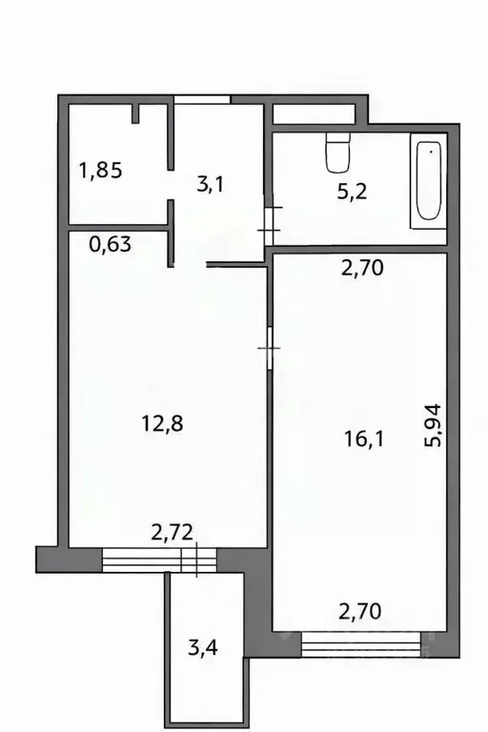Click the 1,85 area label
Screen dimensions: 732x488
coord(100,172)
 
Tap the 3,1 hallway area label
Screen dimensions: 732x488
coord(211,185)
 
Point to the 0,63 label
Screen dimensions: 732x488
coord(110,245)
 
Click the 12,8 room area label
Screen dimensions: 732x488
coord(161,423)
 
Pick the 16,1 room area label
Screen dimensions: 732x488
coord(363,438)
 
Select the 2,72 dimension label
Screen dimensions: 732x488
coord(172,535)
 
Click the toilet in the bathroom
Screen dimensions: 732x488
coord(338,150)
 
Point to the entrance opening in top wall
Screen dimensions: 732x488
coord(202,99)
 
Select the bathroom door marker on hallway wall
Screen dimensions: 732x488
coord(269,221)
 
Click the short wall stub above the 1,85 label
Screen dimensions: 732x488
coord(136,114)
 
